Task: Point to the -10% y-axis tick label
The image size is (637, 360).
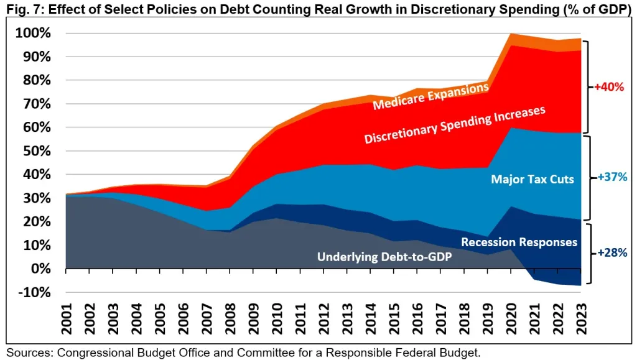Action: (34, 292)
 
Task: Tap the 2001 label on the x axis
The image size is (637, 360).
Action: (67, 316)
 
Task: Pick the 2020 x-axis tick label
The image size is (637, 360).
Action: (513, 316)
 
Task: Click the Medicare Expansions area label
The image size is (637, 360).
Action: (430, 97)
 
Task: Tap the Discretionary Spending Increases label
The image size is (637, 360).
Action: (455, 125)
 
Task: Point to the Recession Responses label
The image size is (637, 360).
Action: (519, 242)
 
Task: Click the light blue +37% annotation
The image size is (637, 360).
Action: (610, 177)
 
